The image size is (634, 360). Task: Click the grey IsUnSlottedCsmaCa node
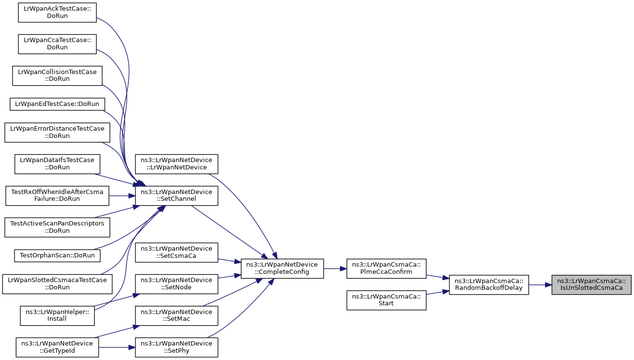point(591,285)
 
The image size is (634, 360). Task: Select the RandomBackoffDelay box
point(489,285)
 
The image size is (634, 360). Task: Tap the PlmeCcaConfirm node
point(386,268)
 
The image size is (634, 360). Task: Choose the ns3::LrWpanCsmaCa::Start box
point(386,300)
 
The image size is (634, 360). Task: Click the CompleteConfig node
point(282,268)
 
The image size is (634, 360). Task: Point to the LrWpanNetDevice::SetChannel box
point(177,195)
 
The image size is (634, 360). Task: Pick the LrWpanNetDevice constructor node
point(177,164)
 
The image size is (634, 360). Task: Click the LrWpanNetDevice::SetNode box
point(177,284)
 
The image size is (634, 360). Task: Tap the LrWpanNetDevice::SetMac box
point(177,315)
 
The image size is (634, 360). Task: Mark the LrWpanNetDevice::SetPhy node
point(177,347)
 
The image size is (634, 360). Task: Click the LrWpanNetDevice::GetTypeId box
point(57,347)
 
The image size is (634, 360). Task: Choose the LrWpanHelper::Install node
point(57,315)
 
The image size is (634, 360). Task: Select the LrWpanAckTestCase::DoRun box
point(57,12)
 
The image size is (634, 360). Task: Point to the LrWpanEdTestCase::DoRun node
point(57,104)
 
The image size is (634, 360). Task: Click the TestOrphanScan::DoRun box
point(57,255)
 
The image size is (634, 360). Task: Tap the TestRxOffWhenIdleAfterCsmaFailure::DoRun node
point(57,195)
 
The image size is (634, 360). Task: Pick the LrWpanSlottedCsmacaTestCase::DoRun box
point(57,284)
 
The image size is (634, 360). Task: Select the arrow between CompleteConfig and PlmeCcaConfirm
point(335,268)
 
